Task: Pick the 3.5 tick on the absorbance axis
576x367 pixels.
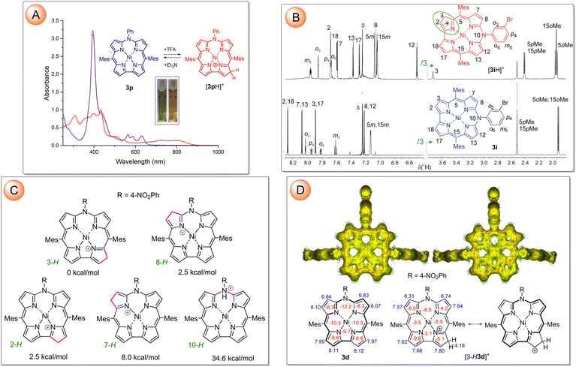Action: click(x=30, y=16)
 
